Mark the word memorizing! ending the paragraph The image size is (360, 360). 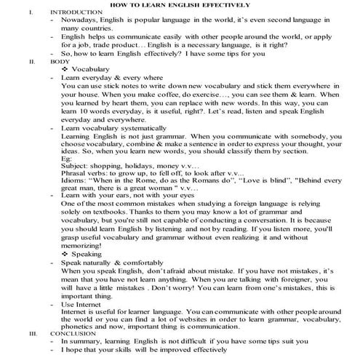pos(87,246)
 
